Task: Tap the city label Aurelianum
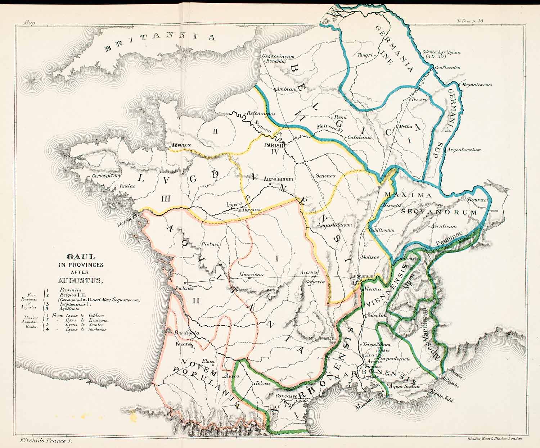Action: [x=278, y=179]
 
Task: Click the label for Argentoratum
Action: [x=464, y=150]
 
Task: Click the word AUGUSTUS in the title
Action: [x=80, y=281]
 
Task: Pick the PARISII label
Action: [x=274, y=145]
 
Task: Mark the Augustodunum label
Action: [x=335, y=225]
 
